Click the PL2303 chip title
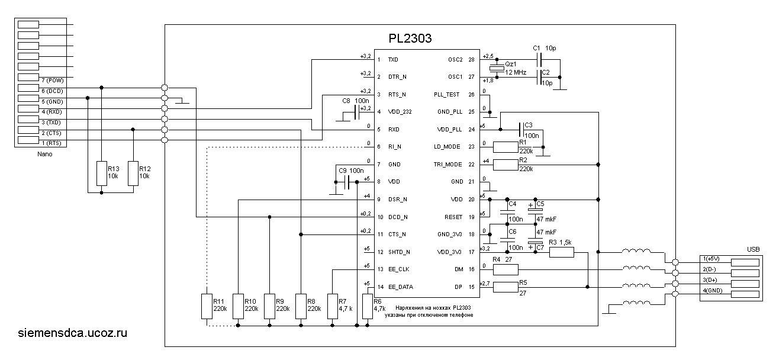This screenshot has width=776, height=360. click(410, 39)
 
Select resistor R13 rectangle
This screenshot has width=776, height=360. click(102, 172)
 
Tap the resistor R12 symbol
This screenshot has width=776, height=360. click(133, 172)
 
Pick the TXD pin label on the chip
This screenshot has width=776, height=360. click(393, 60)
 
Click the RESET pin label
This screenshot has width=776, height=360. click(454, 217)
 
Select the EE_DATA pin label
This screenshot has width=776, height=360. click(400, 287)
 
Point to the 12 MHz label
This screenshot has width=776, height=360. click(515, 72)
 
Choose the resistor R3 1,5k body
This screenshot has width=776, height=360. click(561, 252)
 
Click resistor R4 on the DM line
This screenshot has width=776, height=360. click(505, 269)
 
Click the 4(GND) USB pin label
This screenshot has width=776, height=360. click(714, 291)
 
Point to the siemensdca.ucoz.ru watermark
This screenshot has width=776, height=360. click(73, 333)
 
